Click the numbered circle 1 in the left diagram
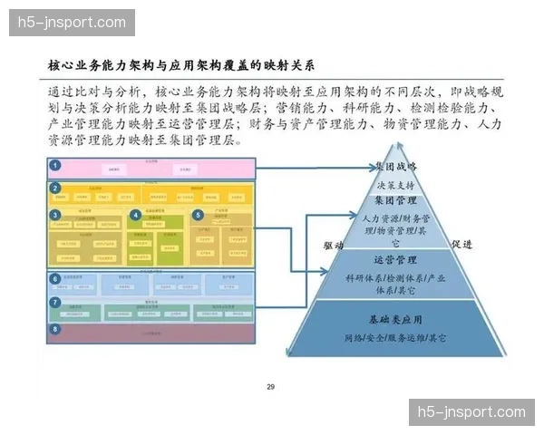pos(56,166)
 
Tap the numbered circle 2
pos(56,188)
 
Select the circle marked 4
pos(135,215)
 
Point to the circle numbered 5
pos(198,215)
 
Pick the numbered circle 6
pos(56,279)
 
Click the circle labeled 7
pos(56,302)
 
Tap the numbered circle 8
pos(56,329)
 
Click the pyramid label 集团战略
pos(396,167)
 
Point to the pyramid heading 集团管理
pos(395,199)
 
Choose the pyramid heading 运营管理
pos(395,260)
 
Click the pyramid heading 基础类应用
pos(395,321)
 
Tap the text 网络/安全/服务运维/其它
pos(395,338)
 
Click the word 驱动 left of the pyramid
pos(334,245)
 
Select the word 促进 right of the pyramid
pos(462,244)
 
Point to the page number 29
pos(270,387)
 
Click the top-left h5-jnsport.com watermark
pos(72,22)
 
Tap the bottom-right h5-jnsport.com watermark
pos(471,412)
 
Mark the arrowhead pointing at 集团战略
pos(373,167)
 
